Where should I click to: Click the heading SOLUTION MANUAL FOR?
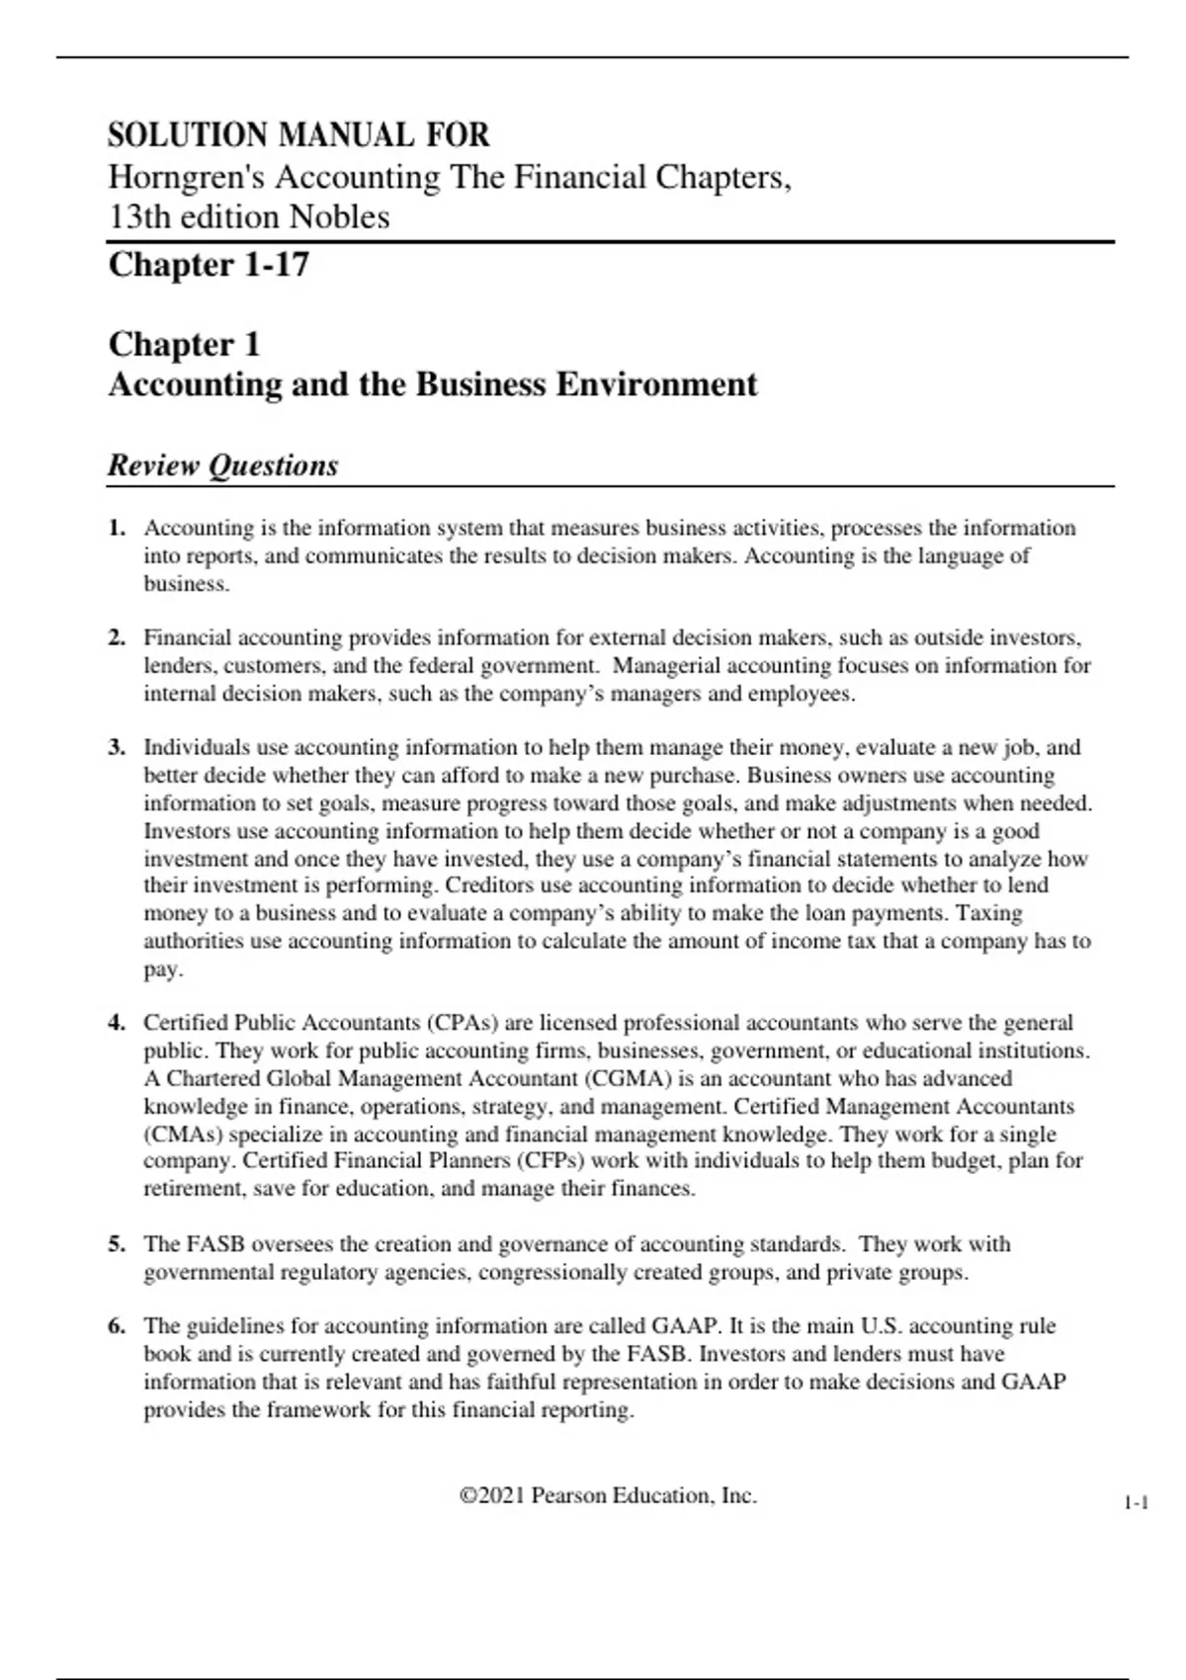(298, 135)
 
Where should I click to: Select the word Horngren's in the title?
(186, 177)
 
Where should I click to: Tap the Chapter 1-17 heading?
(209, 265)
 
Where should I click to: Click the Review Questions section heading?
(222, 465)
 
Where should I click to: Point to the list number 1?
(117, 528)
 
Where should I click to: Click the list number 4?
(117, 1023)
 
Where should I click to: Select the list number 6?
(117, 1326)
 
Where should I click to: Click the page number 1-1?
(1136, 1503)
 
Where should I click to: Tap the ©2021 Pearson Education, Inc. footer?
(608, 1496)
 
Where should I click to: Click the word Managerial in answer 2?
(664, 666)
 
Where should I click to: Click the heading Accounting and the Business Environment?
(433, 384)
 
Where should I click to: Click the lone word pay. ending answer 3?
(163, 969)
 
